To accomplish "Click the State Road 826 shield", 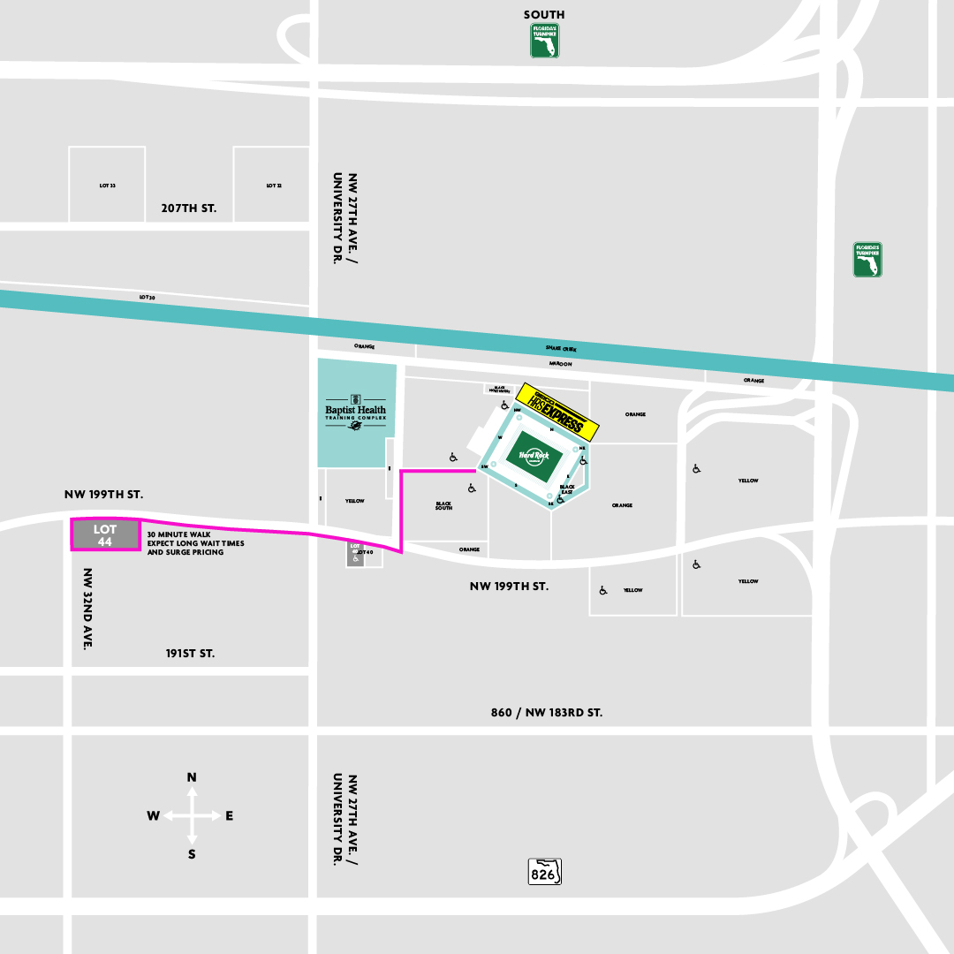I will coord(545,871).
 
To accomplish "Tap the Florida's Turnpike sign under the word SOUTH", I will coord(544,41).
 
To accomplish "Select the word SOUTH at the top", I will coord(544,14).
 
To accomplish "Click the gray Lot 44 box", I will coord(105,535).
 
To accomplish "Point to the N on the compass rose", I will coord(192,777).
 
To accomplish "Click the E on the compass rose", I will coord(229,816).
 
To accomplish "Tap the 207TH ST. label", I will coord(188,209).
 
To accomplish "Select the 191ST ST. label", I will coord(190,654).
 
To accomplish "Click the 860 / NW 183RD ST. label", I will coord(547,712).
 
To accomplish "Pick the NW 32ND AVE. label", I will coord(87,609).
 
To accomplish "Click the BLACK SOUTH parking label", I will coord(443,506).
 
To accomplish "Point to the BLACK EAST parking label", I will coord(567,489).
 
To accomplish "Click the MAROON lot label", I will coord(560,364).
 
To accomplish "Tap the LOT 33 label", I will coord(107,185).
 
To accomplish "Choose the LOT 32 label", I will coord(273,185).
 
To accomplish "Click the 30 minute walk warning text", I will coord(195,543).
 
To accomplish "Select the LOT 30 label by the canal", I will coord(147,298).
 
